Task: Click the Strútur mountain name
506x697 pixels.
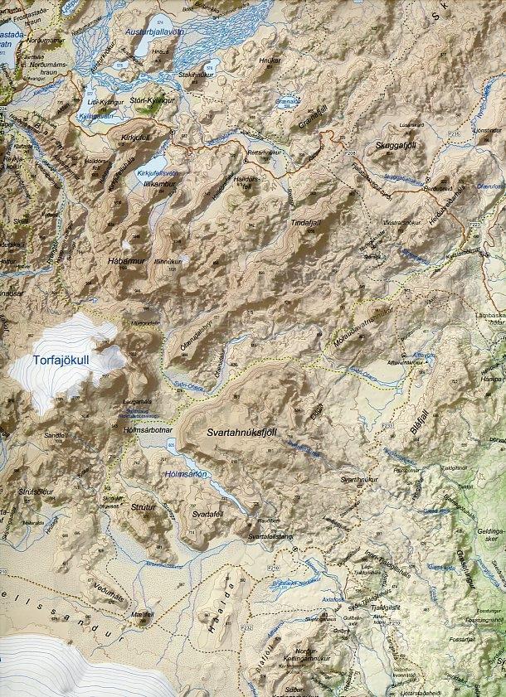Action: coord(144,505)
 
